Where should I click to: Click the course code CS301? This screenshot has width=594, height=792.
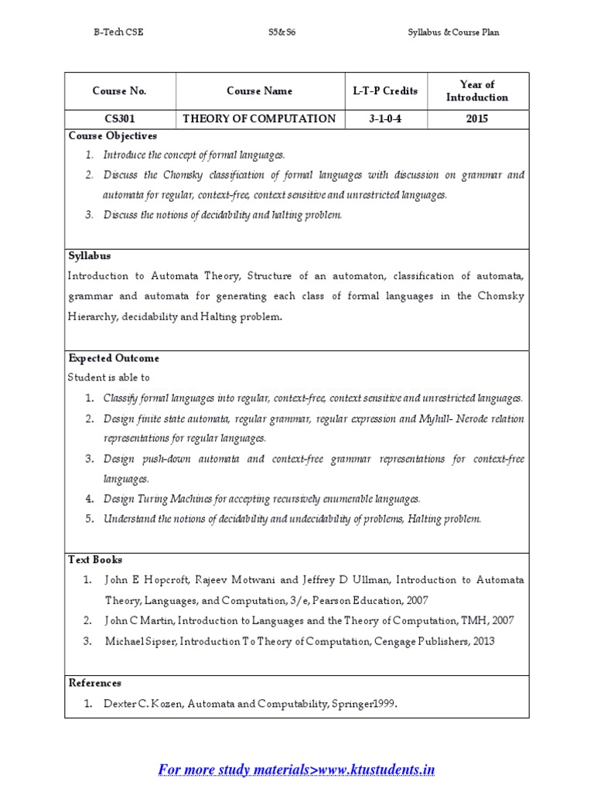point(119,118)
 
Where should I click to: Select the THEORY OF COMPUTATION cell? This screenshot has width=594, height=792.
point(259,118)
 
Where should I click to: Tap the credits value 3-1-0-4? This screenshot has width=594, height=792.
point(384,118)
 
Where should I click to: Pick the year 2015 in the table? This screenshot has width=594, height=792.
point(477,118)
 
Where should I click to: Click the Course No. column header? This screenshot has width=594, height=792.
point(119,91)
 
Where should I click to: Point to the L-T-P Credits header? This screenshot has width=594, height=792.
point(384,91)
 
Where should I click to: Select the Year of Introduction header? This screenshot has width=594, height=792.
point(477,91)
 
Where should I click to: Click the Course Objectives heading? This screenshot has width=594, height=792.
point(113,136)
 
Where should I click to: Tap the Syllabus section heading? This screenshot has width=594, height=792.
point(90,256)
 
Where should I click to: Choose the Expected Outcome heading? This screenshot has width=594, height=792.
point(114,358)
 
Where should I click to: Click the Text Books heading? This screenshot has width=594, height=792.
point(95,559)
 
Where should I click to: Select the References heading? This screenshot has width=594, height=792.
point(95,683)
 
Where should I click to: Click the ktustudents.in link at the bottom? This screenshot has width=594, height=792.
point(297,770)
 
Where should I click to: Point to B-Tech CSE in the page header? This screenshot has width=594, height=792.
point(118,32)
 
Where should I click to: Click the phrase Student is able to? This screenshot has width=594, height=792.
point(109,377)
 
